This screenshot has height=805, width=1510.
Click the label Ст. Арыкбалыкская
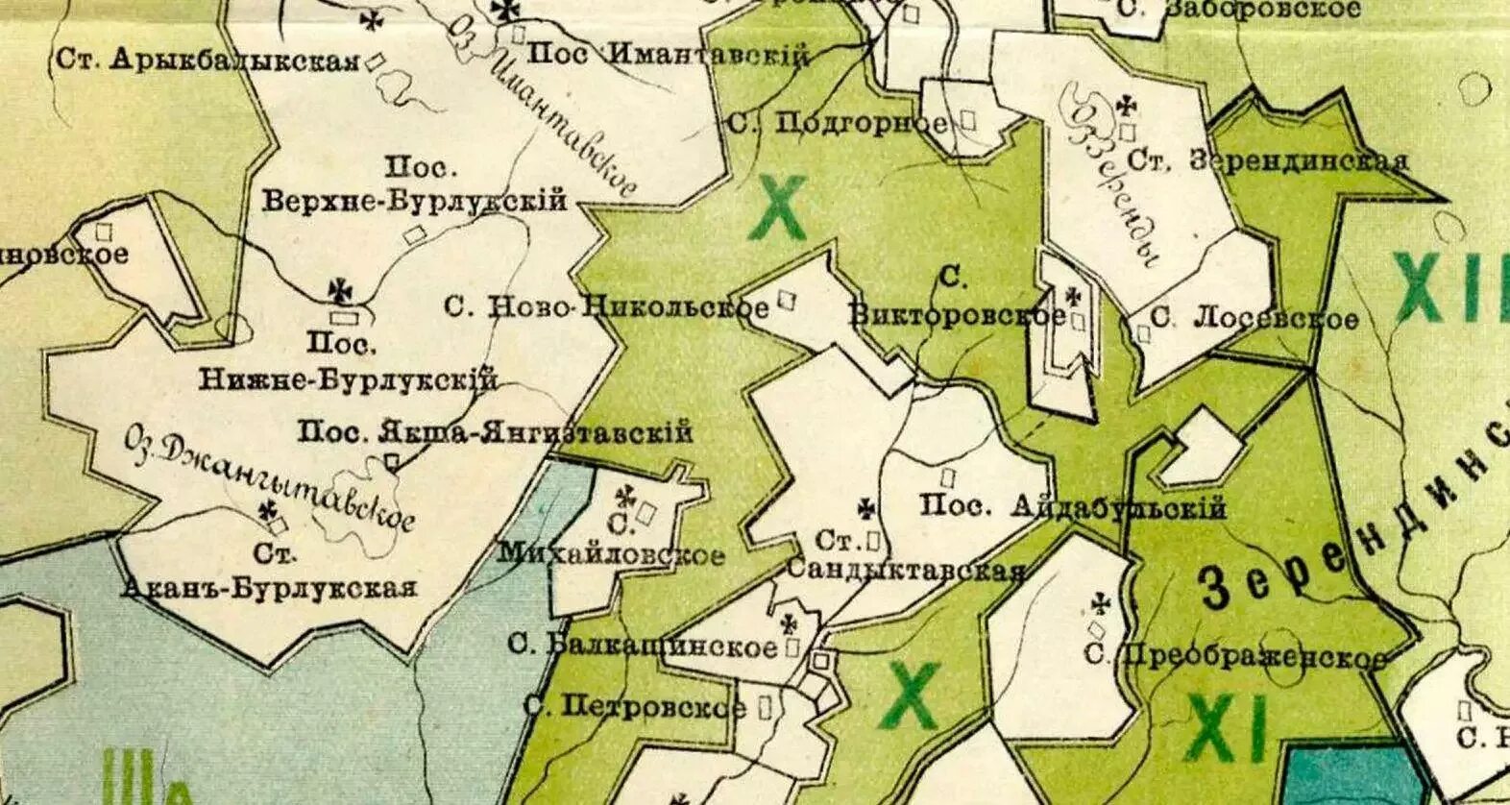tap(207, 60)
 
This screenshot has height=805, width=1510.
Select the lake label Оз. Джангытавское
tap(269, 479)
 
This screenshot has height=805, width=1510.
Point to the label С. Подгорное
tap(838, 123)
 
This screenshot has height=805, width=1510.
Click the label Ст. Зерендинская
tap(1269, 160)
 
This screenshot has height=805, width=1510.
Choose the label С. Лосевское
tap(1254, 319)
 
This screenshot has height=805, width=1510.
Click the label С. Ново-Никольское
tap(606, 307)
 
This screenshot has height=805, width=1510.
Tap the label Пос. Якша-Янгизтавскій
tap(495, 432)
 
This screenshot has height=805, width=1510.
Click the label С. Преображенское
tap(1235, 657)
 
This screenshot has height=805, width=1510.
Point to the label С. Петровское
tap(634, 708)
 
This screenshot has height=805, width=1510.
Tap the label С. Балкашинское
tap(642, 646)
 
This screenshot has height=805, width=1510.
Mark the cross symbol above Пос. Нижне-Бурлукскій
tap(339, 289)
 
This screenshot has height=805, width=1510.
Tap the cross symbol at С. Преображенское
tap(1101, 604)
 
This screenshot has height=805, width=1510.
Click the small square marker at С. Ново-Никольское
tap(787, 301)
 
